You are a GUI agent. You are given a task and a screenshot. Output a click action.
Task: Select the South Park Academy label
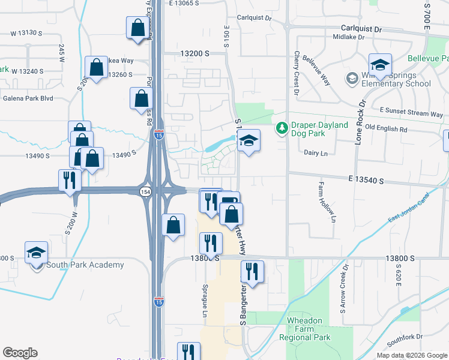coord(85,265)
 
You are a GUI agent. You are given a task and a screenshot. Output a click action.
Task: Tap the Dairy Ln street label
coord(316,154)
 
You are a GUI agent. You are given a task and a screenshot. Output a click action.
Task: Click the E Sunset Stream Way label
coord(411,113)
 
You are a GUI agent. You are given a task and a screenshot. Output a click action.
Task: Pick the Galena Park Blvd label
coord(28,98)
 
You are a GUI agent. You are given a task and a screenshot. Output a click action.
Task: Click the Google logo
coord(20,353)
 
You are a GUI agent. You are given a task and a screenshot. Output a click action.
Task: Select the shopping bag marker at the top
coord(138,28)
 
